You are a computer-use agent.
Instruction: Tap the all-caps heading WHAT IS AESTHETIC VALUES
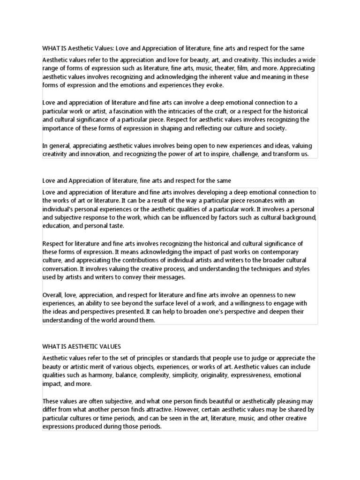pyautogui.click(x=82, y=346)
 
